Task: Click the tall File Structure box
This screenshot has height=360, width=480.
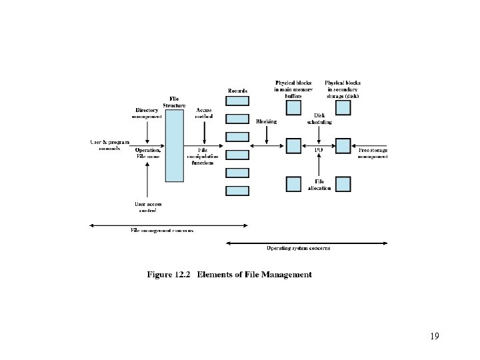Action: point(174,145)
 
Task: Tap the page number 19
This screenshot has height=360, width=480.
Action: point(435,336)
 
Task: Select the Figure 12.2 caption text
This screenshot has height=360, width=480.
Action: point(229,275)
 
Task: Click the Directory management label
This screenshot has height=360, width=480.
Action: point(147,113)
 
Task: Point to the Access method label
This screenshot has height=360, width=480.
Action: point(204,113)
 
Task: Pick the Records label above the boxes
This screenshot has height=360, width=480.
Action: point(237,91)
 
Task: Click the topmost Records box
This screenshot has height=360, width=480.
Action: point(237,101)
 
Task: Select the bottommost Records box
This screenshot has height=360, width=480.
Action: point(237,191)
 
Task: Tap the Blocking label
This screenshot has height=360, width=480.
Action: point(267,121)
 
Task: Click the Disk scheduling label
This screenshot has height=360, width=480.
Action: point(319,119)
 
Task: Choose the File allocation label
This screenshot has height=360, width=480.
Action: point(319,185)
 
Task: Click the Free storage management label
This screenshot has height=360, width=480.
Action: point(373,154)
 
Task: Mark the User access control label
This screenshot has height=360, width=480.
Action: point(148,207)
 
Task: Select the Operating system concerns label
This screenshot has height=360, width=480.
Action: point(299,249)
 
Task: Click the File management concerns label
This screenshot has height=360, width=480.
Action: point(162,231)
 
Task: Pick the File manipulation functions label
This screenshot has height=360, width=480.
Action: point(202,157)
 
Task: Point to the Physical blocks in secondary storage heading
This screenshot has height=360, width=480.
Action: point(343,89)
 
